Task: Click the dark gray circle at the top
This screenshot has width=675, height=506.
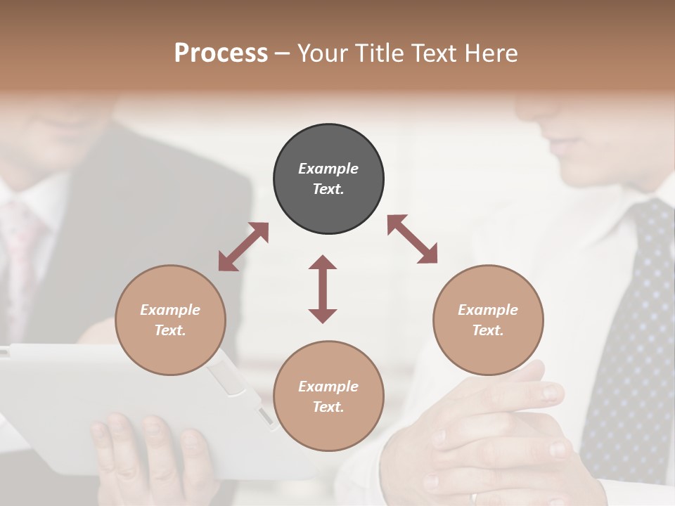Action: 328,179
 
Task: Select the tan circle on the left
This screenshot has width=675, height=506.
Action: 170,320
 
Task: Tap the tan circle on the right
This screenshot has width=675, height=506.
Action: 488,320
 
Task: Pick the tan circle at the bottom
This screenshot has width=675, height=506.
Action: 328,396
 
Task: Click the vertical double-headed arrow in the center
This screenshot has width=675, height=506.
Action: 323,289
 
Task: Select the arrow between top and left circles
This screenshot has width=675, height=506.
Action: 243,247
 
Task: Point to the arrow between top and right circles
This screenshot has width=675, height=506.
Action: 413,239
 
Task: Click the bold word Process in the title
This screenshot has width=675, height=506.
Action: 221,53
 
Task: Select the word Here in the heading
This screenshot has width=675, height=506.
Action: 490,53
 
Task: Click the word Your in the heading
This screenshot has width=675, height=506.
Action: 322,53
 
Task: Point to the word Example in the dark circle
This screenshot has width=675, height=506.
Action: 328,169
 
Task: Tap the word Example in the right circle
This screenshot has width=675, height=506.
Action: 488,310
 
